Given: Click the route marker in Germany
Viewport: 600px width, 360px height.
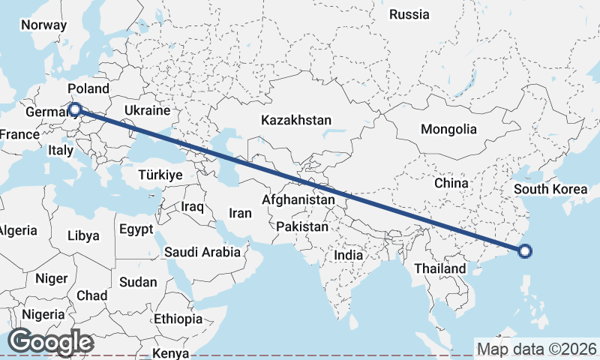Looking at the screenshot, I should coord(74,110).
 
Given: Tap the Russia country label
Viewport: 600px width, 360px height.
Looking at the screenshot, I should coord(409,14).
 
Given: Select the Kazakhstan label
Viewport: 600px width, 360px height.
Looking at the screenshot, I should coord(295,120).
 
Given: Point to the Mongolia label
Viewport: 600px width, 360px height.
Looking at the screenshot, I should coord(448,129).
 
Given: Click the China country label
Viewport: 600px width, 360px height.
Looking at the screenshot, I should coord(451,183).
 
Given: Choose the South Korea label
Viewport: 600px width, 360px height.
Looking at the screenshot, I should coord(551,189).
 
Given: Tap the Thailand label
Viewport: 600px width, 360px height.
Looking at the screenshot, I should coord(439,268).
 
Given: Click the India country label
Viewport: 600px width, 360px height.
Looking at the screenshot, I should coord(348,255).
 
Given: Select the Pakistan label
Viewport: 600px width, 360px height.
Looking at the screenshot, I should coord(302,226).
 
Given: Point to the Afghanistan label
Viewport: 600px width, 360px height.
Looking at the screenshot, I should coord(298,200).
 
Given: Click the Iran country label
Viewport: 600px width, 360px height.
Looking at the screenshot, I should coord(240,213).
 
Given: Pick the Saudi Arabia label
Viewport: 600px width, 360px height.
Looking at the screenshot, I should coord(202,252).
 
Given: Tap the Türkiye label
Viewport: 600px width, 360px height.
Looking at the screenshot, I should coord(160,174).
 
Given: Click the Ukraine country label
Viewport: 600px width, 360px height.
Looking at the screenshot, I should coord(148,110).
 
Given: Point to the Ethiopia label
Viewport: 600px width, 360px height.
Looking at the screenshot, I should coord(178,319).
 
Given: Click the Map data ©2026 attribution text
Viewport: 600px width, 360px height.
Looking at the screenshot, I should coord(536,349).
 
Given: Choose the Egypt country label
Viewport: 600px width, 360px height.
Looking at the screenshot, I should coord(136,229).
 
